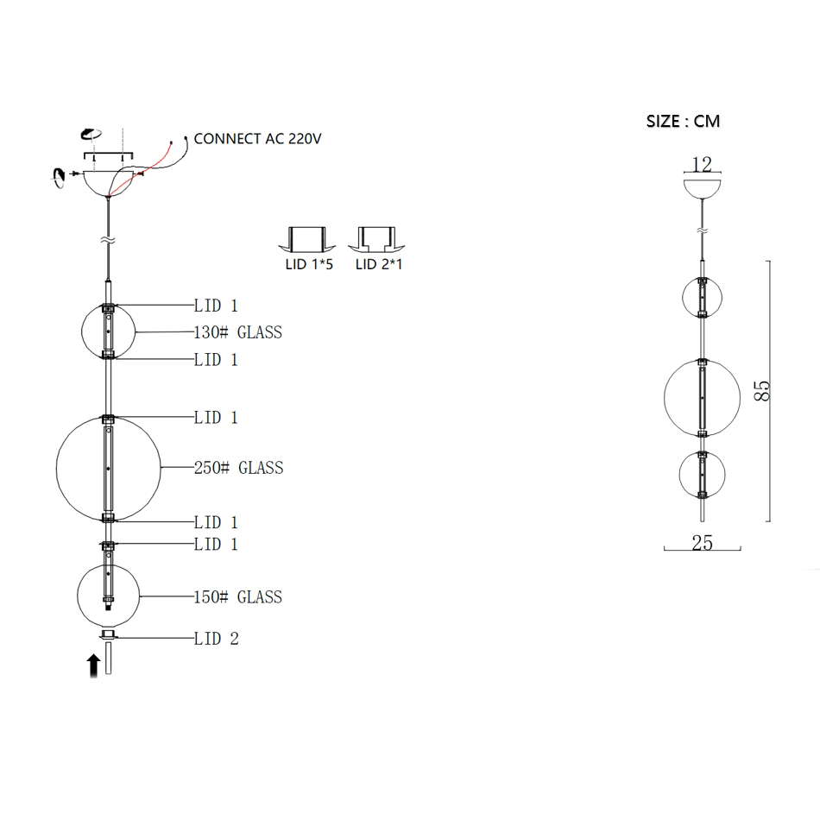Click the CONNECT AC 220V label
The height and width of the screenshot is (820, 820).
point(257,139)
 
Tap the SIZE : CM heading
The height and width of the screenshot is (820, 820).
point(683,122)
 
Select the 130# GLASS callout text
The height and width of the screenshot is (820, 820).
point(238,332)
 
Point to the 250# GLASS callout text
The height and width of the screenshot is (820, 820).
point(238,468)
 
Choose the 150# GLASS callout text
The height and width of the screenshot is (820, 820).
point(238,596)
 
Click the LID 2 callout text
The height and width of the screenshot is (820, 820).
point(216,639)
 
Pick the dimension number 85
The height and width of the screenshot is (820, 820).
point(762,391)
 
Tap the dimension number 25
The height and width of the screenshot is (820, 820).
point(702,543)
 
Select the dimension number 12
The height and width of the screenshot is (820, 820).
point(702,164)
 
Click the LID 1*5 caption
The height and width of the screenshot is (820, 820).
point(309,264)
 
